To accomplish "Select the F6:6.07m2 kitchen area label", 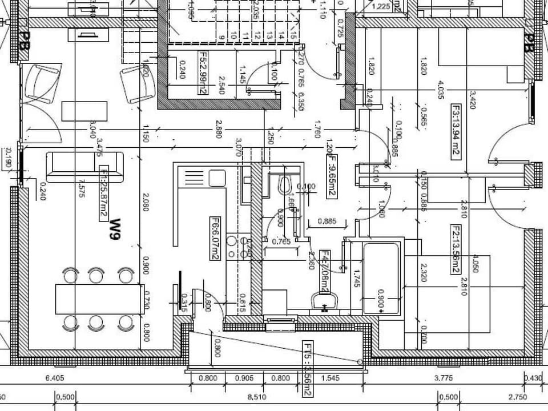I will pyautogui.click(x=216, y=239).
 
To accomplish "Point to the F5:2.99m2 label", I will pyautogui.click(x=202, y=72).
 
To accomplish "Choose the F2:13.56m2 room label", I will pyautogui.click(x=456, y=249).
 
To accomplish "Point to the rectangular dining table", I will pyautogui.click(x=99, y=299).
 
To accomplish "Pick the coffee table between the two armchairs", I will pyautogui.click(x=84, y=110).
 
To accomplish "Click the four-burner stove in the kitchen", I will pyautogui.click(x=239, y=247).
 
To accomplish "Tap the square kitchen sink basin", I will pyautogui.click(x=217, y=178).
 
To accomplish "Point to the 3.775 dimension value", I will pyautogui.click(x=444, y=378).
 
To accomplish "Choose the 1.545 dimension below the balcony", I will pyautogui.click(x=330, y=378).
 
